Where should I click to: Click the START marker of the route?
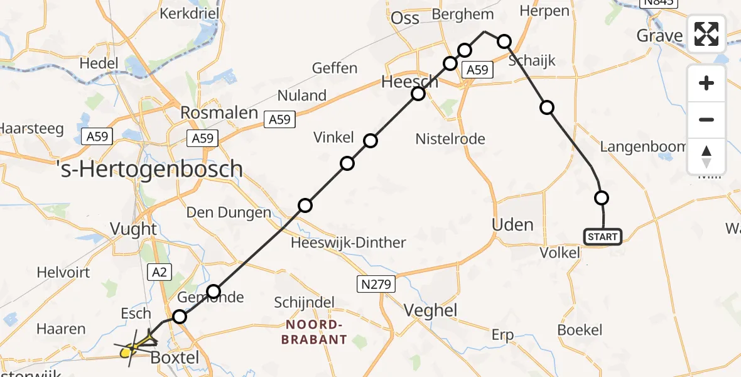(x=603, y=237)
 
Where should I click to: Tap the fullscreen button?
(x=706, y=34)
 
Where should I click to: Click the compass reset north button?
(x=706, y=156)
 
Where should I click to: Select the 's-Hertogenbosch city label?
(x=149, y=168)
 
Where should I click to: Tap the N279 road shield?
(x=377, y=284)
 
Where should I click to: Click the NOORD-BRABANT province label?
(x=316, y=332)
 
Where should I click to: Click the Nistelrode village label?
(x=450, y=139)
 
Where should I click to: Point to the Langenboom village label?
(x=643, y=146)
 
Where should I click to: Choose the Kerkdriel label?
(x=188, y=13)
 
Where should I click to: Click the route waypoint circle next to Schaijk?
(x=505, y=42)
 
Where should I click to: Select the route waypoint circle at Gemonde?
(x=214, y=291)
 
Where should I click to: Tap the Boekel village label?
(x=580, y=330)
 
